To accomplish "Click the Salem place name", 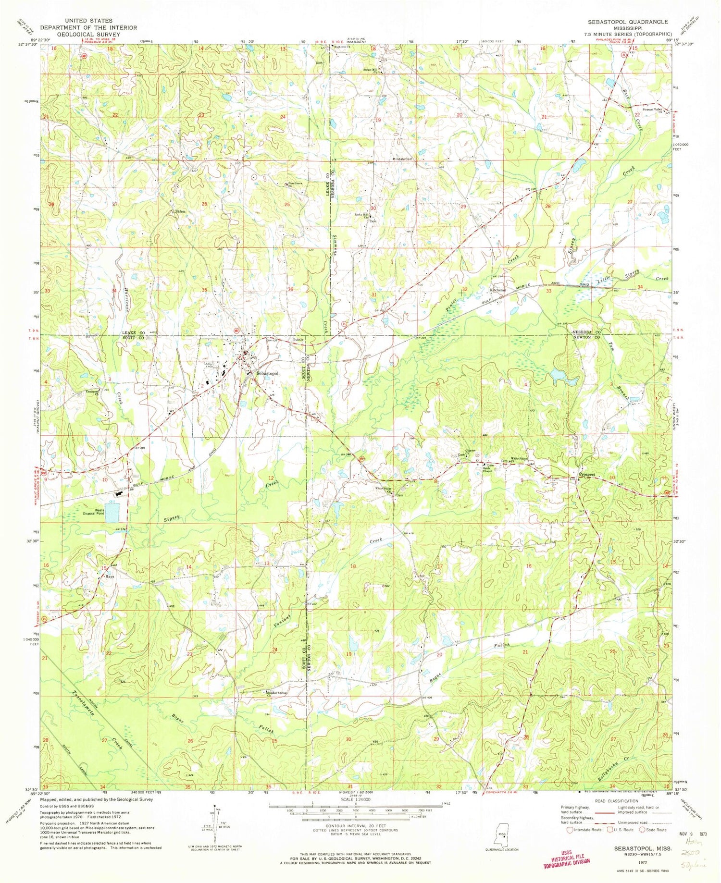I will point(180,211).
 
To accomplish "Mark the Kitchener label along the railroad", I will point(498,291).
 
